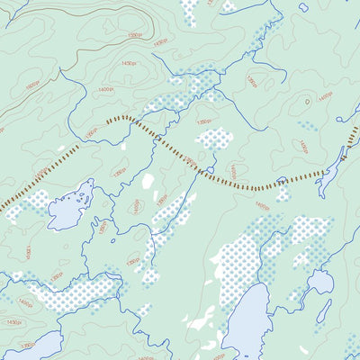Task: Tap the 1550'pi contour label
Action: click(x=134, y=35)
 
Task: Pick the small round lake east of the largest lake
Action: click(x=319, y=283)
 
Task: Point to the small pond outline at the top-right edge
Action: click(x=303, y=7)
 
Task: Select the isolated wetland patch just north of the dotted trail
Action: click(x=215, y=139)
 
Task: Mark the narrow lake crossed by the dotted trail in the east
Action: click(x=334, y=162)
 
